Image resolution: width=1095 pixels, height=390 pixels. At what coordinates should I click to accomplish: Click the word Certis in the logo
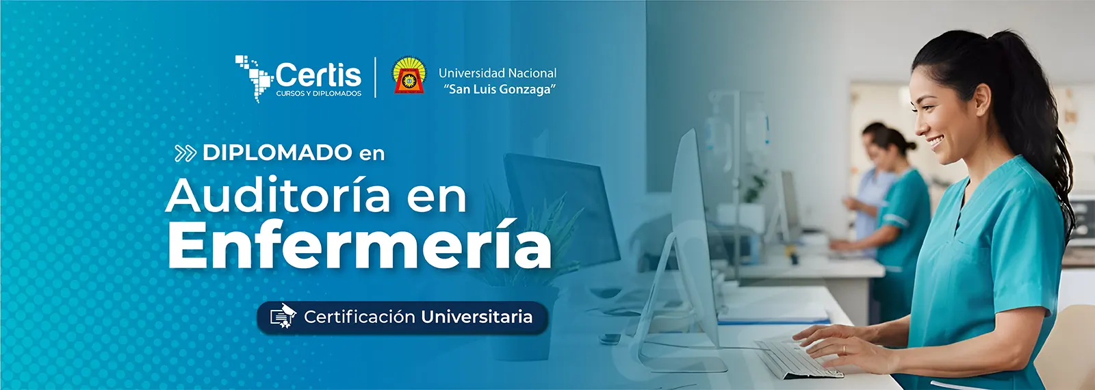pos(319,75)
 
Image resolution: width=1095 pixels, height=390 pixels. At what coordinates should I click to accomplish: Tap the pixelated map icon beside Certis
pos(254,78)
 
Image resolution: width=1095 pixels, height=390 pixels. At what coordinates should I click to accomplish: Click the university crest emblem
pos(409,75)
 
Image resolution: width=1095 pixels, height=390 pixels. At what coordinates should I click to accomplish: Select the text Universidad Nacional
pos(498,73)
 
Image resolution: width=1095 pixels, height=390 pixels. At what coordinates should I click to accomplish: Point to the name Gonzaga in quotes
pos(531,90)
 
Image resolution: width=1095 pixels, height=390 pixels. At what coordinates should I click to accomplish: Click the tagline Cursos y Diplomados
pos(319,93)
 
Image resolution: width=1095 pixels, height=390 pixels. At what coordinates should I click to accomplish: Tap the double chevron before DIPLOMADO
pos(185,153)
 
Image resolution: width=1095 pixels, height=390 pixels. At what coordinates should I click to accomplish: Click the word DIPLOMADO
pos(277,153)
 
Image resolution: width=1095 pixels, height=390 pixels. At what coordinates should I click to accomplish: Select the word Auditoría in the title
pos(278,195)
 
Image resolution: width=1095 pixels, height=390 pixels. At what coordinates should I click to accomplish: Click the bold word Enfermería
pos(360,245)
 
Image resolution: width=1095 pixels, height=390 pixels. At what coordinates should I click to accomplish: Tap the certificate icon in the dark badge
pos(283,315)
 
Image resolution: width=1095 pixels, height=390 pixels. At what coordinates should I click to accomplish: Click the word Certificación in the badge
pos(359,317)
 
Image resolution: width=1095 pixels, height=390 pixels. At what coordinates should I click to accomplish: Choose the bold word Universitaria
pos(476,317)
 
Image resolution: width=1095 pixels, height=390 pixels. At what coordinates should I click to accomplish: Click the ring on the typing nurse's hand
pos(844,350)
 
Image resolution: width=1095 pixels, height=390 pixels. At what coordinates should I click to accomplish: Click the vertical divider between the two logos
pos(376,77)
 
